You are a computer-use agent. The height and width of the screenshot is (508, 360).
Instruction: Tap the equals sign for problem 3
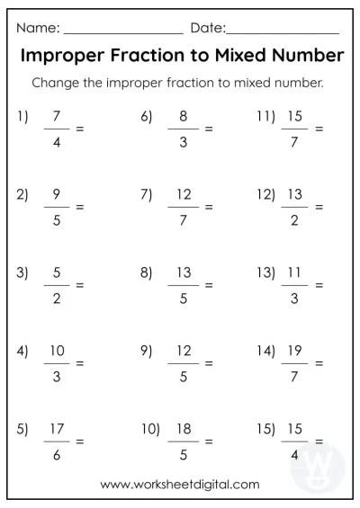tap(79, 285)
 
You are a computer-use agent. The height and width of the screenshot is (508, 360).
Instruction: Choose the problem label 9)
tap(146, 351)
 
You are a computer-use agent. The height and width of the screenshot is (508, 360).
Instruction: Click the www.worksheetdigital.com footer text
tap(180, 484)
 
